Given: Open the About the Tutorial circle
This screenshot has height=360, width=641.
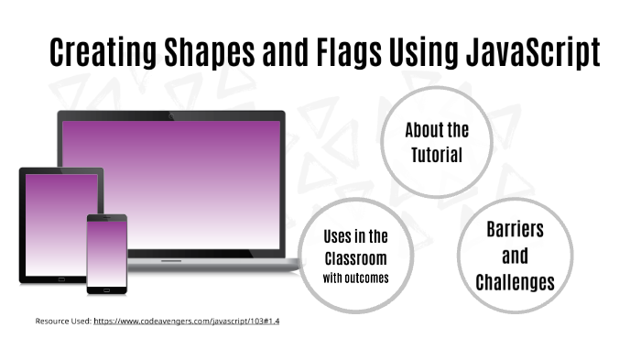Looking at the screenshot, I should point(437,141).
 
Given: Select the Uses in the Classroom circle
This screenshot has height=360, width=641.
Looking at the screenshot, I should point(354,256).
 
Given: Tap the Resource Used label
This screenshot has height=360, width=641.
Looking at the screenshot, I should point(63,322).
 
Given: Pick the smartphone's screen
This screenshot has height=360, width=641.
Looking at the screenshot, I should point(106,254).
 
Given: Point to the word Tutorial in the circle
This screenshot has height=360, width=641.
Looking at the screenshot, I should point(437,155).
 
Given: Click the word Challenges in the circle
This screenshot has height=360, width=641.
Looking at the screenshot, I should point(515,282).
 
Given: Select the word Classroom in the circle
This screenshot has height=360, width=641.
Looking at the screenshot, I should point(354,257).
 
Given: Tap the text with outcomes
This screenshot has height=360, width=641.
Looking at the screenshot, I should point(354,278).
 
